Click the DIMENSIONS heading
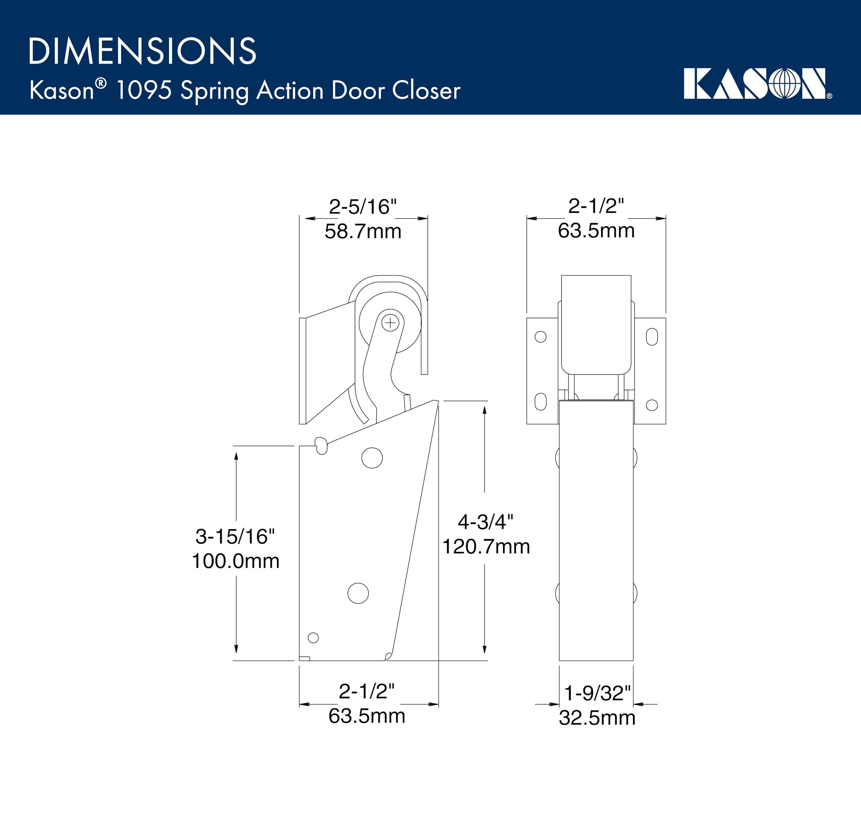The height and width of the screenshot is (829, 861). (142, 51)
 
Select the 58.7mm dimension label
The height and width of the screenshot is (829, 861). (363, 231)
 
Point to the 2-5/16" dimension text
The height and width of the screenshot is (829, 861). (363, 206)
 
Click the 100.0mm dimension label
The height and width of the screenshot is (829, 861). (235, 561)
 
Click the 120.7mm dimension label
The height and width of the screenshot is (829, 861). (486, 547)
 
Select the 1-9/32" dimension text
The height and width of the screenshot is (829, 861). (597, 693)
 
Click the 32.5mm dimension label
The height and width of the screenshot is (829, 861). (597, 718)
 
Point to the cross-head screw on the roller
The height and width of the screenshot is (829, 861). (390, 323)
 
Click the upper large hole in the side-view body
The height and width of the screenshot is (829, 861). (372, 458)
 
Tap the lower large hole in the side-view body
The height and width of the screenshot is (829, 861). (358, 593)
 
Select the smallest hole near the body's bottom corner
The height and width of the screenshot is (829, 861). (313, 637)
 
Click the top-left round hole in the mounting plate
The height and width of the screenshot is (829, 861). (540, 337)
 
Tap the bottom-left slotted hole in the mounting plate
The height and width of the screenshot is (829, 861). (540, 402)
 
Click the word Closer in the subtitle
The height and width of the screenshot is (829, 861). (426, 91)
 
